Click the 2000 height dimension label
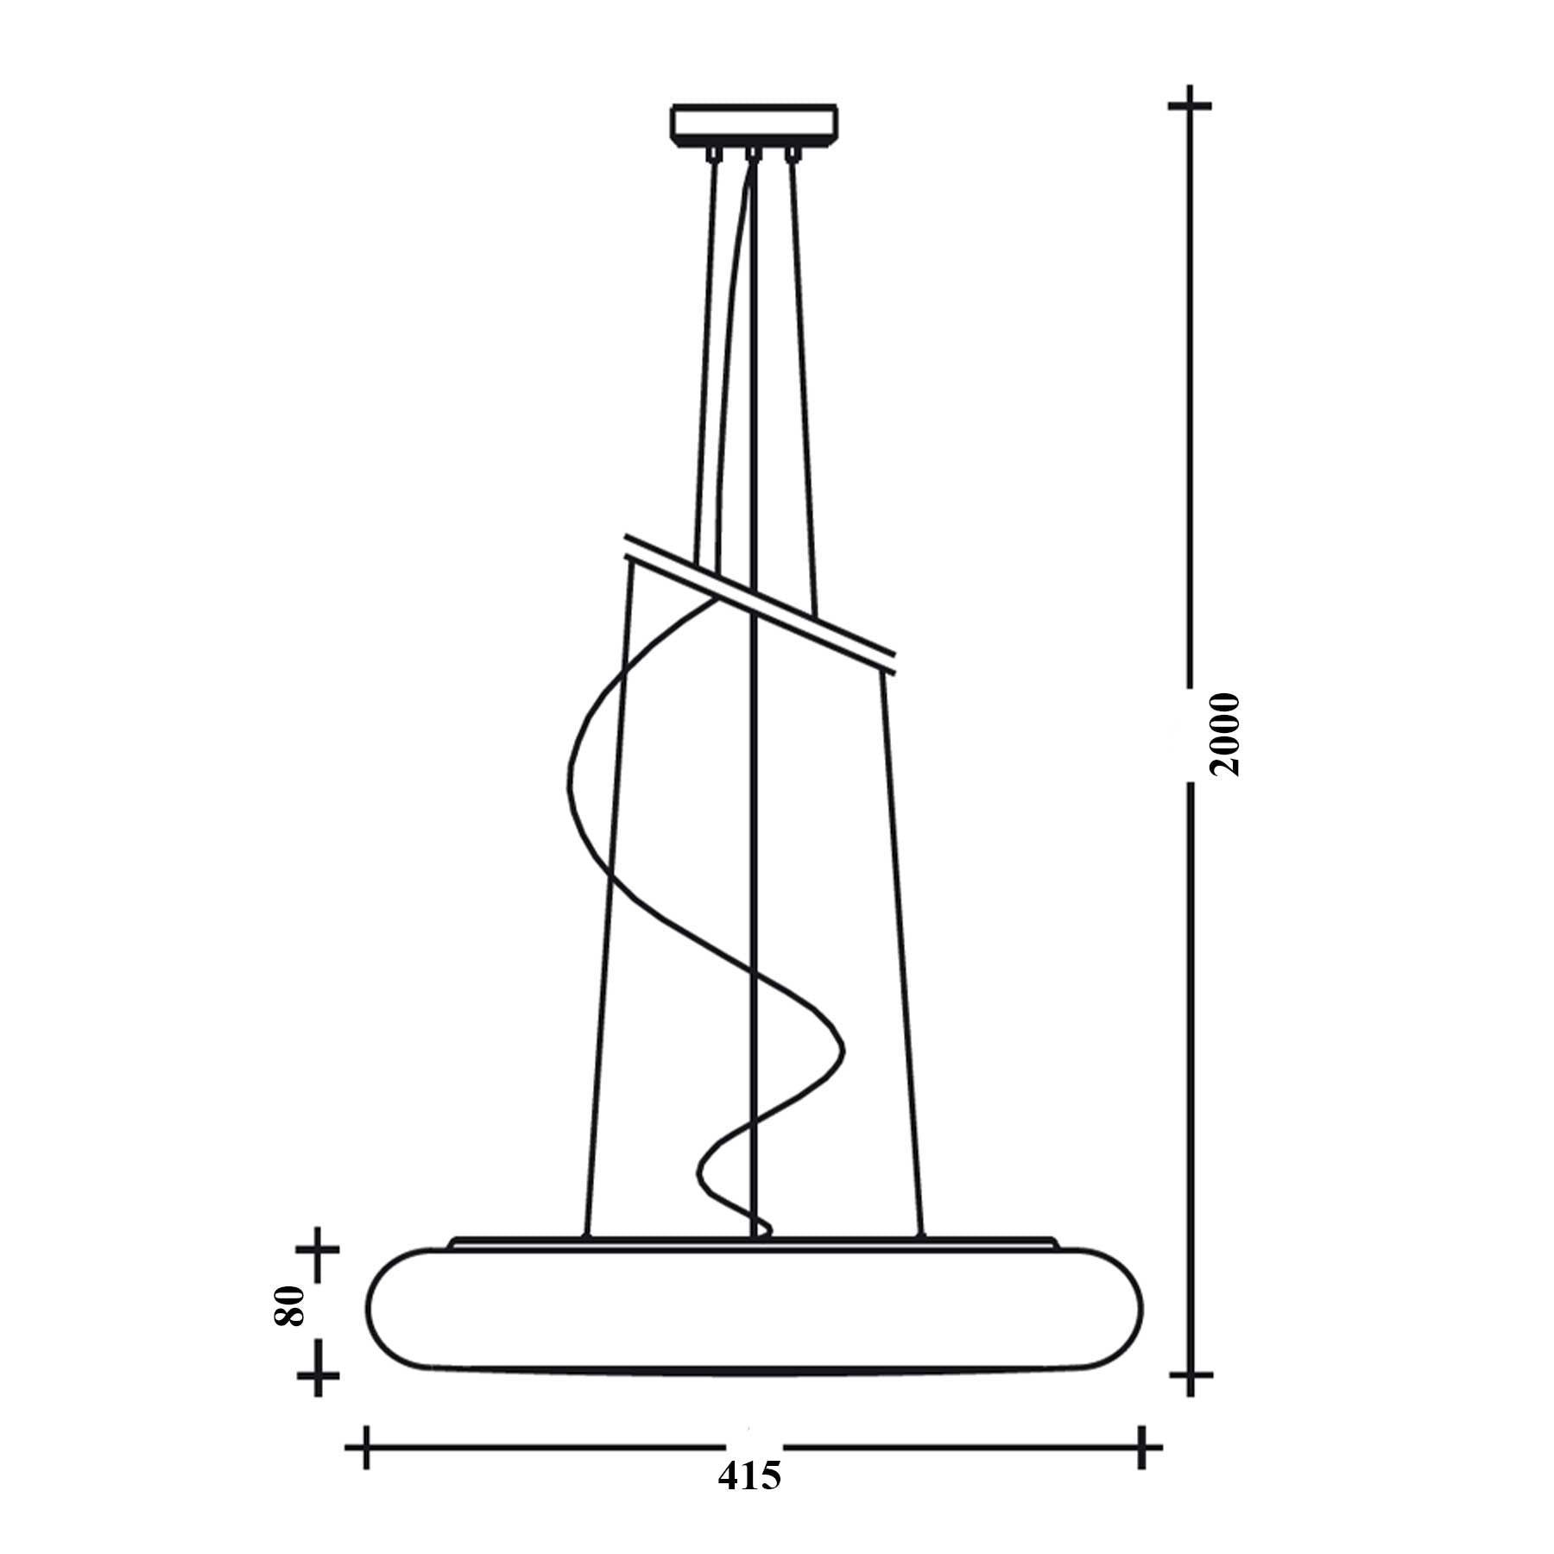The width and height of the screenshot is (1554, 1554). tap(1225, 735)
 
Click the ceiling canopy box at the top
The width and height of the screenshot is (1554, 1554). tap(754, 123)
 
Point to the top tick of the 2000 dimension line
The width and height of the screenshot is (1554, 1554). tap(1190, 105)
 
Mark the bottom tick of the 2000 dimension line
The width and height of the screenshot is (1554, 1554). tap(1190, 1398)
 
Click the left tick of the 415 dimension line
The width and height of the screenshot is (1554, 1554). tap(366, 1447)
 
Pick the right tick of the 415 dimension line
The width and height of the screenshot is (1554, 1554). tap(1142, 1447)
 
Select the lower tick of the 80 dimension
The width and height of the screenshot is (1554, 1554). tap(318, 1394)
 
